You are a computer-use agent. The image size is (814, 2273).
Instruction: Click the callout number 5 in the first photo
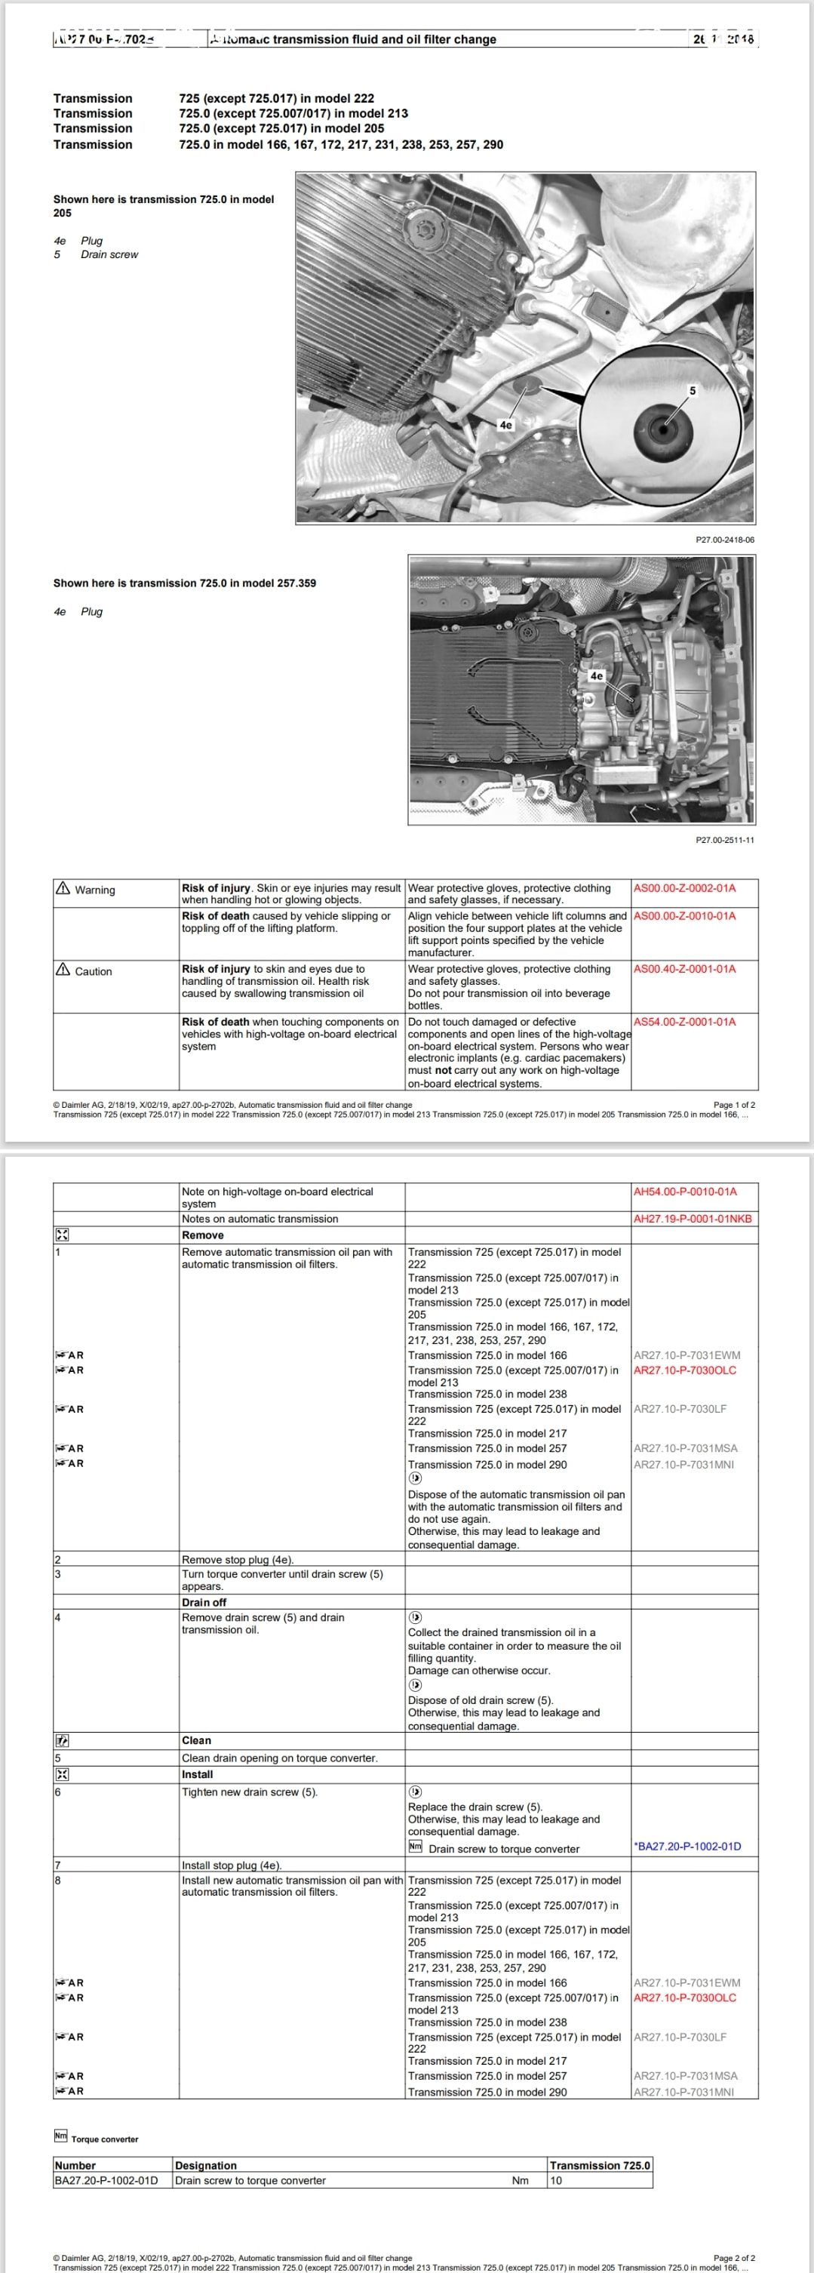tap(693, 390)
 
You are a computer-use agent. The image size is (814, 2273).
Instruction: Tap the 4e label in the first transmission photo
tap(505, 424)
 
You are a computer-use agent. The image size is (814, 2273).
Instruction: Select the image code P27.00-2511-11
tap(725, 840)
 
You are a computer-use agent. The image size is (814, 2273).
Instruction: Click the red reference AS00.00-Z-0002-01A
tap(684, 887)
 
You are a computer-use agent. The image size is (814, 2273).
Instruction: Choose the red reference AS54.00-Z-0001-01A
tap(684, 1022)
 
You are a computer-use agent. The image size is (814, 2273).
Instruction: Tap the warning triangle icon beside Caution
tap(63, 970)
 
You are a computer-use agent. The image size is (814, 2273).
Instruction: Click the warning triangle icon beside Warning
tap(63, 888)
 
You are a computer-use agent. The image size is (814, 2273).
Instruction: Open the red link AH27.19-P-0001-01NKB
tap(693, 1219)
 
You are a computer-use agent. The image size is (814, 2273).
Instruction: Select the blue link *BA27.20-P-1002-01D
tap(687, 1846)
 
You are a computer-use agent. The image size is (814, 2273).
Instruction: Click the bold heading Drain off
tap(204, 1602)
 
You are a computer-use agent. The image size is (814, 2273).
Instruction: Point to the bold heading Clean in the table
tap(196, 1741)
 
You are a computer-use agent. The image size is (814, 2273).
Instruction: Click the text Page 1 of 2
tap(734, 1105)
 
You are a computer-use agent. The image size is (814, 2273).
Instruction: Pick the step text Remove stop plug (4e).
tap(237, 1560)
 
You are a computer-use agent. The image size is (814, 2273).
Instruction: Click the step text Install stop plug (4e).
tap(232, 1865)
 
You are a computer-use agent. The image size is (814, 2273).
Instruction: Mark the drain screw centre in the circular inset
tap(662, 429)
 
